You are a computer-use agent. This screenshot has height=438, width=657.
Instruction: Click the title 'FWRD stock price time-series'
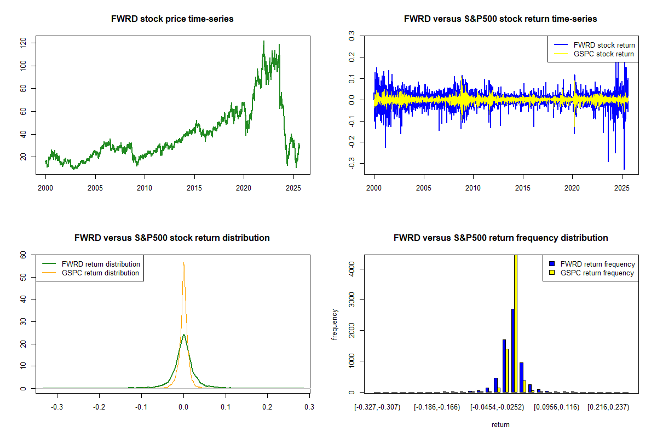tap(172, 19)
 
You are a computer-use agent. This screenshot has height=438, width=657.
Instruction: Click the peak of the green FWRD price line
tap(263, 41)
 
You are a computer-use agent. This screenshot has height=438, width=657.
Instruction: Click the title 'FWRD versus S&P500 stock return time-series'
tap(500, 19)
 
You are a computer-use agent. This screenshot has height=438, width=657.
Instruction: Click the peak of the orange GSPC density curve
tap(183, 263)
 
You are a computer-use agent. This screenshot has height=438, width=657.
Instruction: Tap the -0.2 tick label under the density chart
tap(99, 407)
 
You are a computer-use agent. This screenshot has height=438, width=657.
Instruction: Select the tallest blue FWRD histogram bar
tap(512, 350)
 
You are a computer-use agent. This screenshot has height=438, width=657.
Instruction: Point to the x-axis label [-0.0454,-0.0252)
tap(495, 407)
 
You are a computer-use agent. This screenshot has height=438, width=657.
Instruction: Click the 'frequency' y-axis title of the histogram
tap(335, 324)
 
